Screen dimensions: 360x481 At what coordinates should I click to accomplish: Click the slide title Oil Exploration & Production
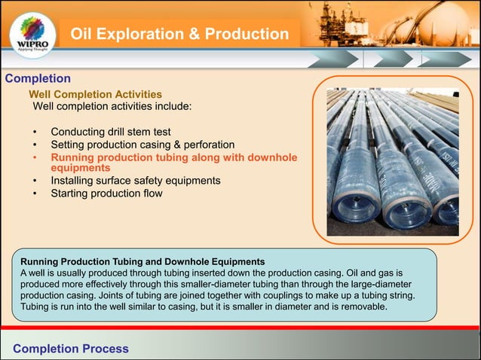click(x=179, y=35)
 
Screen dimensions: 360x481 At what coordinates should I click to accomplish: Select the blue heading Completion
click(x=38, y=78)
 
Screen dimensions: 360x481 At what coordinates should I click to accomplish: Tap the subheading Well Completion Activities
click(x=95, y=94)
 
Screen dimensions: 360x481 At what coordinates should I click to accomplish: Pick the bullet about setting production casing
click(x=142, y=145)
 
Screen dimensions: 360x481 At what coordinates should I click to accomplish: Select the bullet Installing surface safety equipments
click(x=135, y=181)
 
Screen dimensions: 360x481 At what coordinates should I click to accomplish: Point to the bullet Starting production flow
click(x=106, y=193)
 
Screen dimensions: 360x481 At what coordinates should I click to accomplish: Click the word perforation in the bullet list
click(x=206, y=145)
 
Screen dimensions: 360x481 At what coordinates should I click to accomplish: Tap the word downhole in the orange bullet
click(x=268, y=157)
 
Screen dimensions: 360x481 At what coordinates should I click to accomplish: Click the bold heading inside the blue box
click(x=137, y=261)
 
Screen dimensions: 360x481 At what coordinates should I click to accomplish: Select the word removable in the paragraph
click(x=358, y=307)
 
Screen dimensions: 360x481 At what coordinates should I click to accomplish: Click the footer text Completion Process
click(x=71, y=349)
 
